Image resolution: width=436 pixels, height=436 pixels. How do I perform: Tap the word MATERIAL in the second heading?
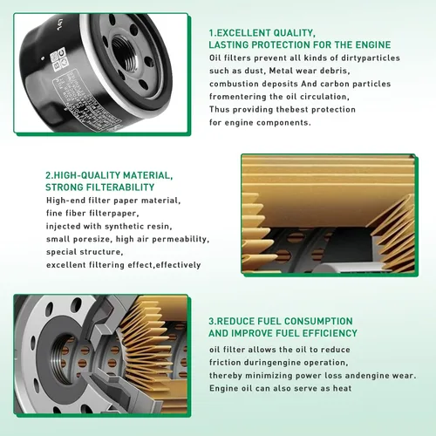(147, 175)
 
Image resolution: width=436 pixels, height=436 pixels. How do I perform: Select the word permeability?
(181, 239)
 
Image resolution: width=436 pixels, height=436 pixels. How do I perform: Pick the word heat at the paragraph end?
(342, 388)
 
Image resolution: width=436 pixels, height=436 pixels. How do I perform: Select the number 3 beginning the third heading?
(211, 321)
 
